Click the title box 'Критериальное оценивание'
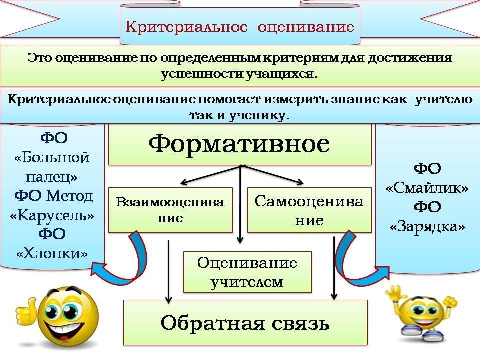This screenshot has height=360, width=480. coord(240,26)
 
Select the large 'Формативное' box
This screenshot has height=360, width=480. coord(240,144)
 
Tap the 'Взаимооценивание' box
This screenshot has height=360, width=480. coord(170,210)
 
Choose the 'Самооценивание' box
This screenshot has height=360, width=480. coord(309,210)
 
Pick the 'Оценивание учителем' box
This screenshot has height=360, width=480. coord(247,272)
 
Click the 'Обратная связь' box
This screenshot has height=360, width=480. coord(245,322)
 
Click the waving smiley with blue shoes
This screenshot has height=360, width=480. coord(422,312)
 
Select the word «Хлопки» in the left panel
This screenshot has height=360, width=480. coord(52,253)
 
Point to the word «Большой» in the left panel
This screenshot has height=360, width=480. coord(52,158)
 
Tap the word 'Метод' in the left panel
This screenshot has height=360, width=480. coord(69,196)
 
